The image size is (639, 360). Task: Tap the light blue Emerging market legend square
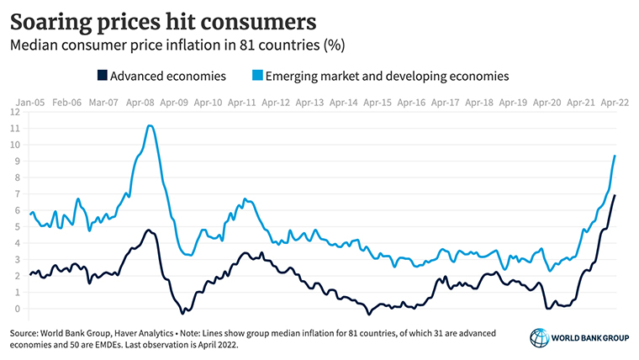256,76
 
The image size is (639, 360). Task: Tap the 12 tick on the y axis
14,111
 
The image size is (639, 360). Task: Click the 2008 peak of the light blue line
150,125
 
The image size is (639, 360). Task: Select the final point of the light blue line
615,155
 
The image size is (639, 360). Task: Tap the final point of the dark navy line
615,195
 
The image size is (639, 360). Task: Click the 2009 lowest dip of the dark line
182,313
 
